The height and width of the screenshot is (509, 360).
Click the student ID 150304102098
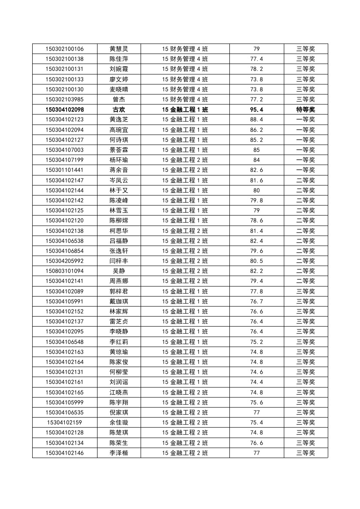(64, 109)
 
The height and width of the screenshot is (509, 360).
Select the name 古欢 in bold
(119, 109)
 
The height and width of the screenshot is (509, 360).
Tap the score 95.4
(256, 109)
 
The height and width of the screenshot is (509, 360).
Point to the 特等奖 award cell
(306, 109)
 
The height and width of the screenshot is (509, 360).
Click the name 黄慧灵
(119, 49)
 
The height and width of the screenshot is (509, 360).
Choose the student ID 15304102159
(64, 422)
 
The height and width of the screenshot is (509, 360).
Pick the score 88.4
(256, 119)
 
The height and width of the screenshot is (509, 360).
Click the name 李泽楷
(119, 453)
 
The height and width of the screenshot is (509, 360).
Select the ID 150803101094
(64, 271)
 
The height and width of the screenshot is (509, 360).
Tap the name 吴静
(119, 271)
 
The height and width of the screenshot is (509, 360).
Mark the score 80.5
(256, 261)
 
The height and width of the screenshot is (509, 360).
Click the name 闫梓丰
(119, 261)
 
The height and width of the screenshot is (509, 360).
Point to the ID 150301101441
(64, 170)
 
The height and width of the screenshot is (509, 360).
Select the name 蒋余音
(119, 170)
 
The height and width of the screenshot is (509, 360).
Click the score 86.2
(256, 130)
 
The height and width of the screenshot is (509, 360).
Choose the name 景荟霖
(119, 150)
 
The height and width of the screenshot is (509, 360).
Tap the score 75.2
(256, 342)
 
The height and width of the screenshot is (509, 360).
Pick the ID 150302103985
(64, 99)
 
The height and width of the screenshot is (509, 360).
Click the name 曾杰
(119, 99)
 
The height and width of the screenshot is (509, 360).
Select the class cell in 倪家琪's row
(185, 412)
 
